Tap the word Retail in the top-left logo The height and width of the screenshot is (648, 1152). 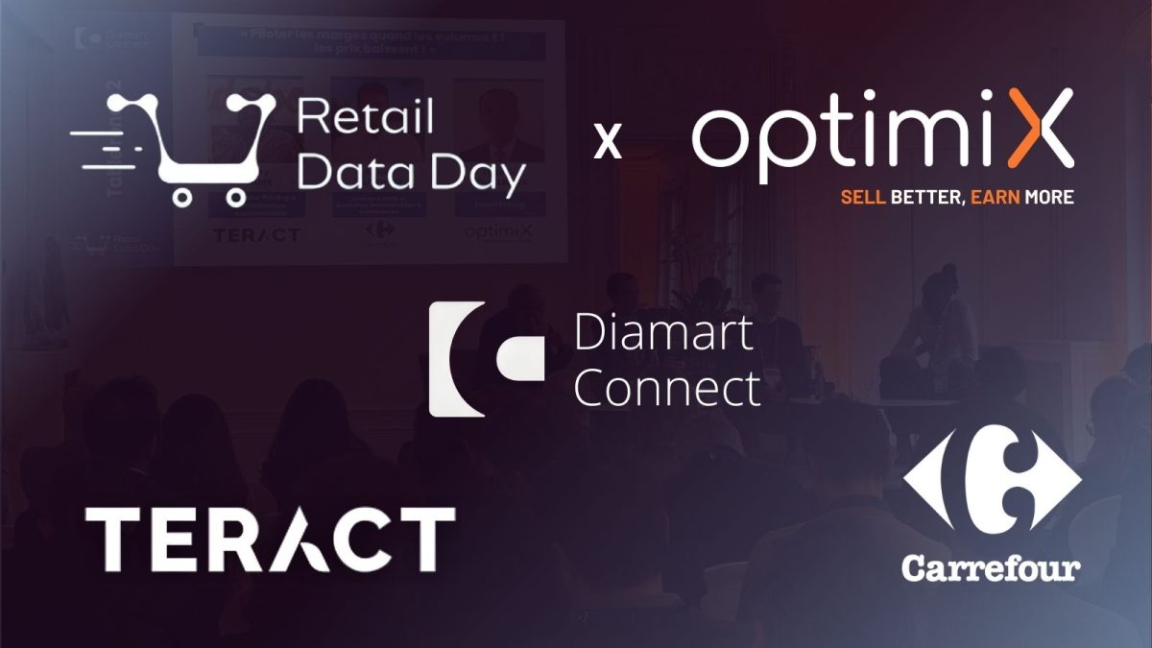click(365, 117)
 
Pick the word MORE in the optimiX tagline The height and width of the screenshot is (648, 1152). click(1048, 197)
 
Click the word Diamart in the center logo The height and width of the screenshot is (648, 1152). click(662, 335)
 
